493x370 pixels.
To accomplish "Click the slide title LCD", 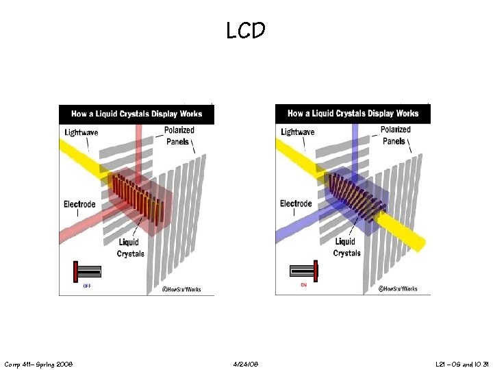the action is click(x=246, y=30).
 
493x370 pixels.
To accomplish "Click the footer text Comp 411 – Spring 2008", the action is click(x=39, y=363).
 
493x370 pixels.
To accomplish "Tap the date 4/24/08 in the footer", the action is click(x=246, y=363).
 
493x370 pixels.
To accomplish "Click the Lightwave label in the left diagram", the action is click(x=84, y=132).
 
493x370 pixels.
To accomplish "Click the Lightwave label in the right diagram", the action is click(x=298, y=132).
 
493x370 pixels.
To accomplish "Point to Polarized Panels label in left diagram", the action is click(x=179, y=136).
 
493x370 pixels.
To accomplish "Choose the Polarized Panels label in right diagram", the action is click(x=395, y=136).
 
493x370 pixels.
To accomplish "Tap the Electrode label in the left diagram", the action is click(x=79, y=204).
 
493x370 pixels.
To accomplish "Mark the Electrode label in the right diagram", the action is click(x=296, y=203).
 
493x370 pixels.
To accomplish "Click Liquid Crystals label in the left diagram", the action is click(x=130, y=247).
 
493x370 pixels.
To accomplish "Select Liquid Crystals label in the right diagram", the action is click(x=346, y=247).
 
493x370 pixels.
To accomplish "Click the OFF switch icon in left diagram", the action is click(x=87, y=271).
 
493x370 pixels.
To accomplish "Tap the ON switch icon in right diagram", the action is click(x=304, y=271).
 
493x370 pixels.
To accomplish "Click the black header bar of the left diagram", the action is click(x=136, y=114).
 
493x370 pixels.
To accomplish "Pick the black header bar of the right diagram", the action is click(x=353, y=114).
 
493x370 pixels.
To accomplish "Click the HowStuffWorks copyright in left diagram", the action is click(x=183, y=289).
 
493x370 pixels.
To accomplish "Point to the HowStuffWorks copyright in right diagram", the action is click(x=399, y=289).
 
